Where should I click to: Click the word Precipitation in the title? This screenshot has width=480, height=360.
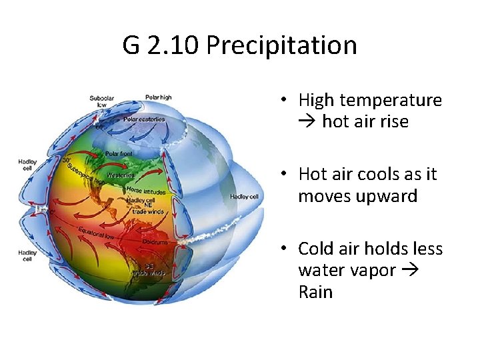click(x=282, y=45)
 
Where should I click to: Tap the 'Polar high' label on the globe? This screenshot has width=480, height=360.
click(x=159, y=97)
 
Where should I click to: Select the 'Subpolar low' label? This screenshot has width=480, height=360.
click(x=101, y=101)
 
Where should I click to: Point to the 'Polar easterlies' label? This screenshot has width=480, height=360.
click(x=144, y=120)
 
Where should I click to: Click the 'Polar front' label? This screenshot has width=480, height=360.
click(x=118, y=153)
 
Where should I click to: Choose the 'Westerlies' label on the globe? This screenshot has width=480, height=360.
click(x=121, y=175)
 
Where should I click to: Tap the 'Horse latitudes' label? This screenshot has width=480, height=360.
click(x=142, y=190)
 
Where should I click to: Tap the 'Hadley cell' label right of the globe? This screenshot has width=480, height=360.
click(x=243, y=197)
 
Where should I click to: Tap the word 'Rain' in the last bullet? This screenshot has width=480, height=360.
click(x=315, y=292)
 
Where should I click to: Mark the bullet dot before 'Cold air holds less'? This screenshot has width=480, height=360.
click(x=283, y=249)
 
